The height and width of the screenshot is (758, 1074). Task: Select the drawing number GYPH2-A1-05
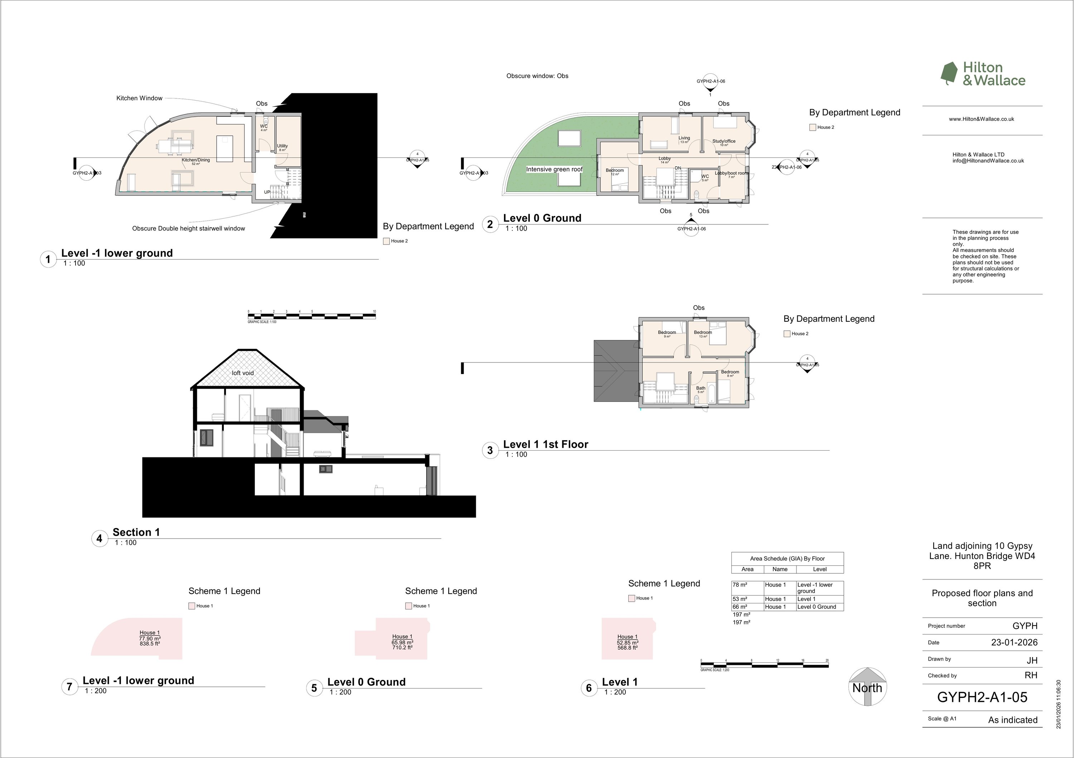982,697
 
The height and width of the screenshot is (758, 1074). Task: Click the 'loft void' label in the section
243,373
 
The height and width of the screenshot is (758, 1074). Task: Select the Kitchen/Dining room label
195,160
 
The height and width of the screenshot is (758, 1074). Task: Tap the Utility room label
282,146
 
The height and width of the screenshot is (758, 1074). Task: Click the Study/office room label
724,141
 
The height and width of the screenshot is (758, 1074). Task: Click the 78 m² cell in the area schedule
740,585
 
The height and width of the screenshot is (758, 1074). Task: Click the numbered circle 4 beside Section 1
99,539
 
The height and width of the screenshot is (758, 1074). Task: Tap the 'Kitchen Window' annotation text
139,98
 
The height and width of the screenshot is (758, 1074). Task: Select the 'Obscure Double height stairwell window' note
189,229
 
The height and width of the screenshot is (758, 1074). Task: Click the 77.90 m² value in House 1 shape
150,638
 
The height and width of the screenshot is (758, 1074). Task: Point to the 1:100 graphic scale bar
311,317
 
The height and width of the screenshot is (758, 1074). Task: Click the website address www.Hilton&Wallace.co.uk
981,119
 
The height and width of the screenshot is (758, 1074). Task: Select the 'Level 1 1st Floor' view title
546,444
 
